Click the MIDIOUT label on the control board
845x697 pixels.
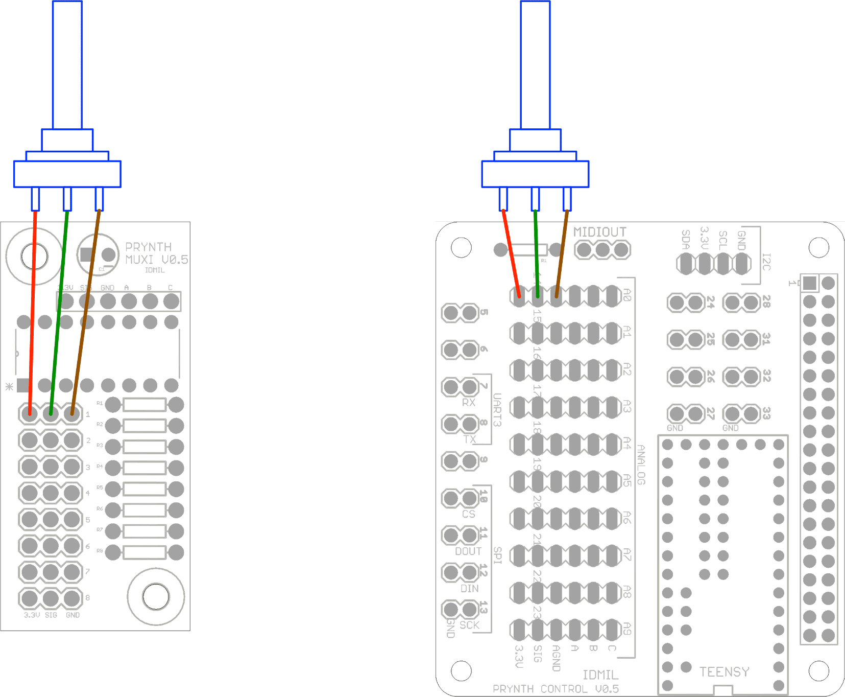tap(599, 232)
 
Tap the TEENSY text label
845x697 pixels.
tap(724, 671)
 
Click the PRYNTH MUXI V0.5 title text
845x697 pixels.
tap(156, 253)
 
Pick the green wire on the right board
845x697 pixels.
tap(536, 255)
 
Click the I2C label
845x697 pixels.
tap(766, 261)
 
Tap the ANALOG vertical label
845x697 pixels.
tap(641, 464)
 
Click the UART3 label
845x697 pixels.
tap(497, 409)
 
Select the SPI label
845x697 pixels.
tap(497, 555)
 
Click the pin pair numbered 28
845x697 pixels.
tap(742, 303)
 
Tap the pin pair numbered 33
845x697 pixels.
tap(742, 413)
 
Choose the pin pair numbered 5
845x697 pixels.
tap(460, 313)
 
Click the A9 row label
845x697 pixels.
tap(627, 629)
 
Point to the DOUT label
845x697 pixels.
tap(468, 551)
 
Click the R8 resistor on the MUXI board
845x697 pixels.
tap(144, 552)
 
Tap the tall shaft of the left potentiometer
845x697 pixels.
tap(67, 64)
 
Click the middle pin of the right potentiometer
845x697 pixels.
tap(535, 199)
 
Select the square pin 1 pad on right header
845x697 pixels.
tap(809, 283)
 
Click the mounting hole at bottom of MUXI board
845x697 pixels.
tap(156, 596)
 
